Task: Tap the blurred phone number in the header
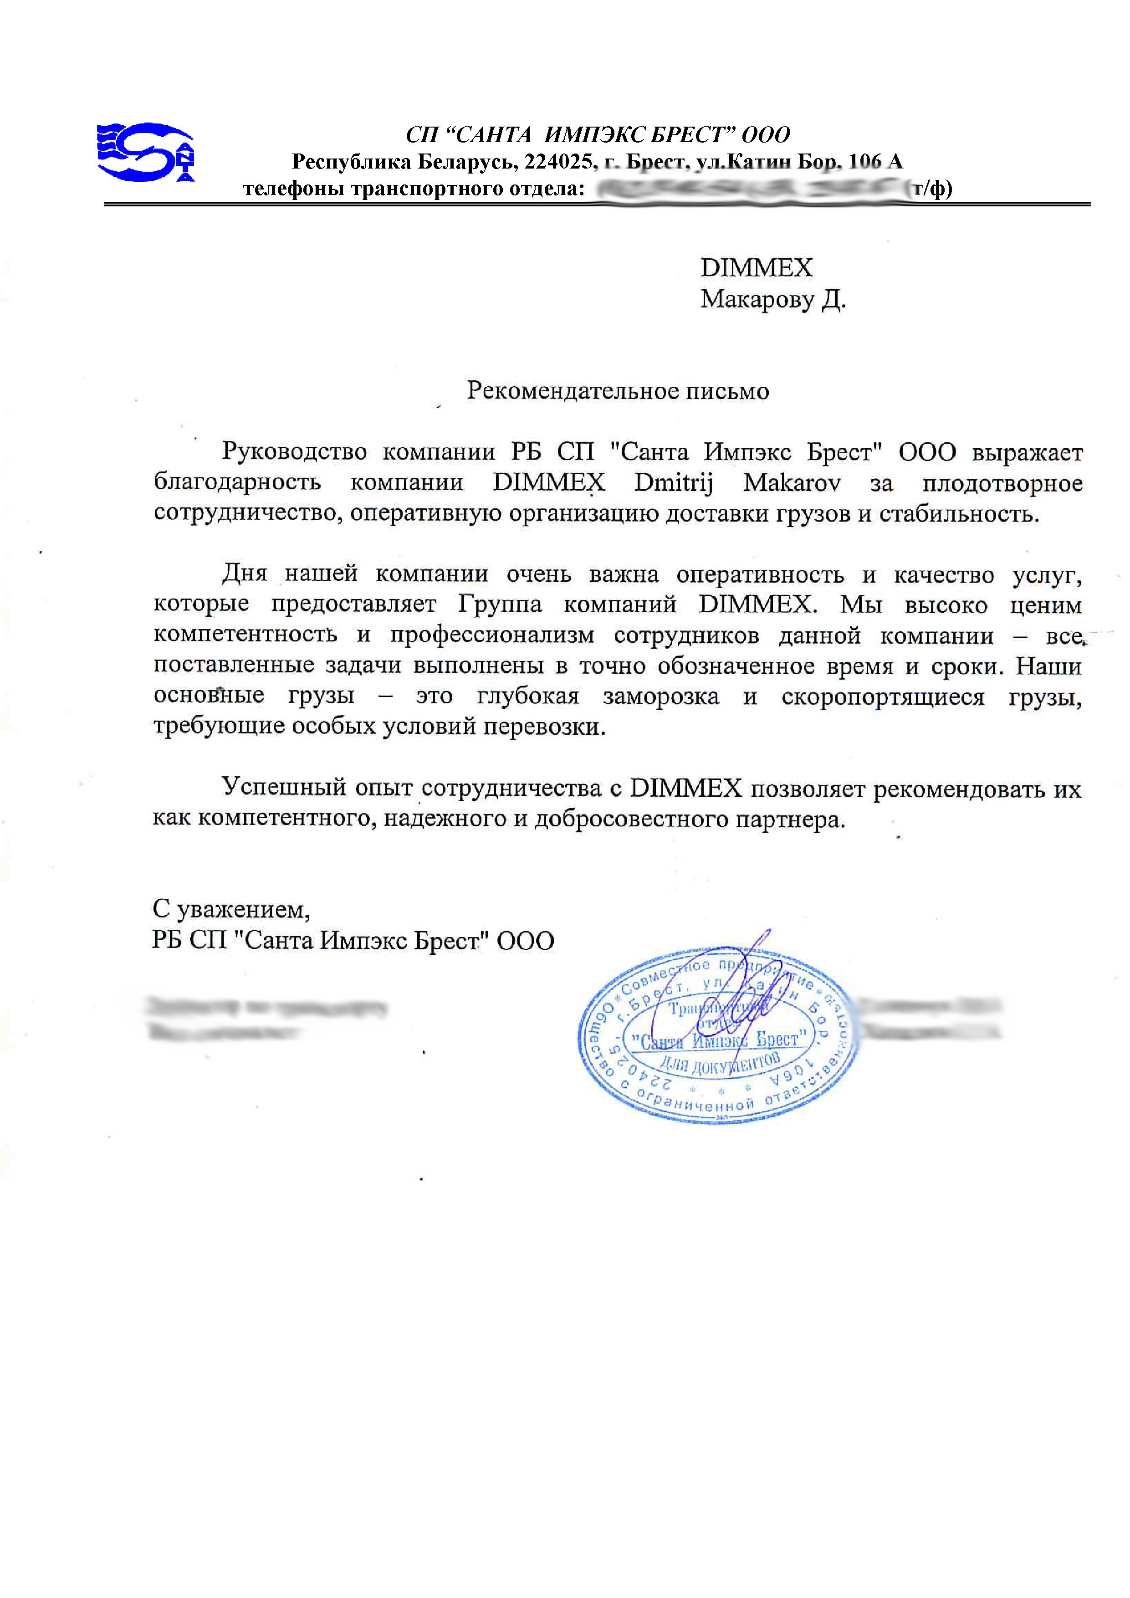[747, 188]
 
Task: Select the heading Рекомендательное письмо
[617, 391]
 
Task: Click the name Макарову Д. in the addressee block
[772, 299]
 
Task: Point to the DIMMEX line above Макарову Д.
[756, 268]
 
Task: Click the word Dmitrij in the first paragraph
[673, 483]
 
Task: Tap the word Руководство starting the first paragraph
[294, 452]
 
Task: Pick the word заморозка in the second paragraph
[660, 697]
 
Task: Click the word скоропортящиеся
[882, 697]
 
